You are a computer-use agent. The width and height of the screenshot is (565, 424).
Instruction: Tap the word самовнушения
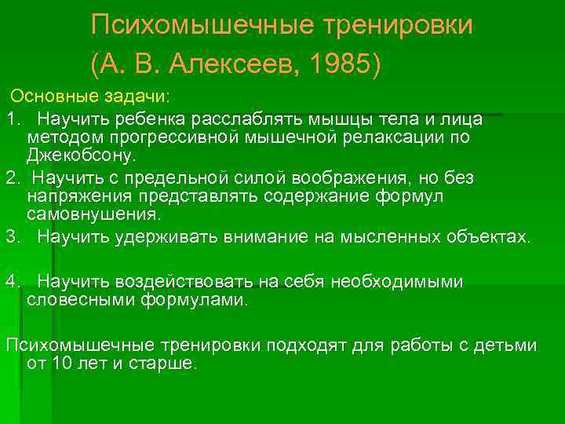(x=92, y=214)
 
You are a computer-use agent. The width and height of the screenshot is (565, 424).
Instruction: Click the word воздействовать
(x=184, y=281)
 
